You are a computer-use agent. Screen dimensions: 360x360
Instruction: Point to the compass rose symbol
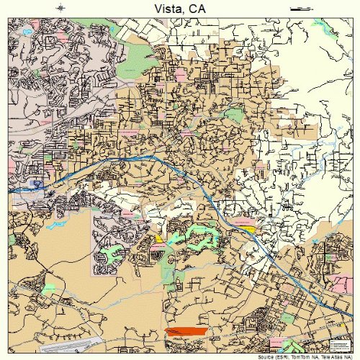coord(60,8)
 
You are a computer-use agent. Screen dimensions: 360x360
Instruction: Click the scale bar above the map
coord(299,8)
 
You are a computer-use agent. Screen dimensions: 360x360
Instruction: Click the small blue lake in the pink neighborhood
coord(27,32)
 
